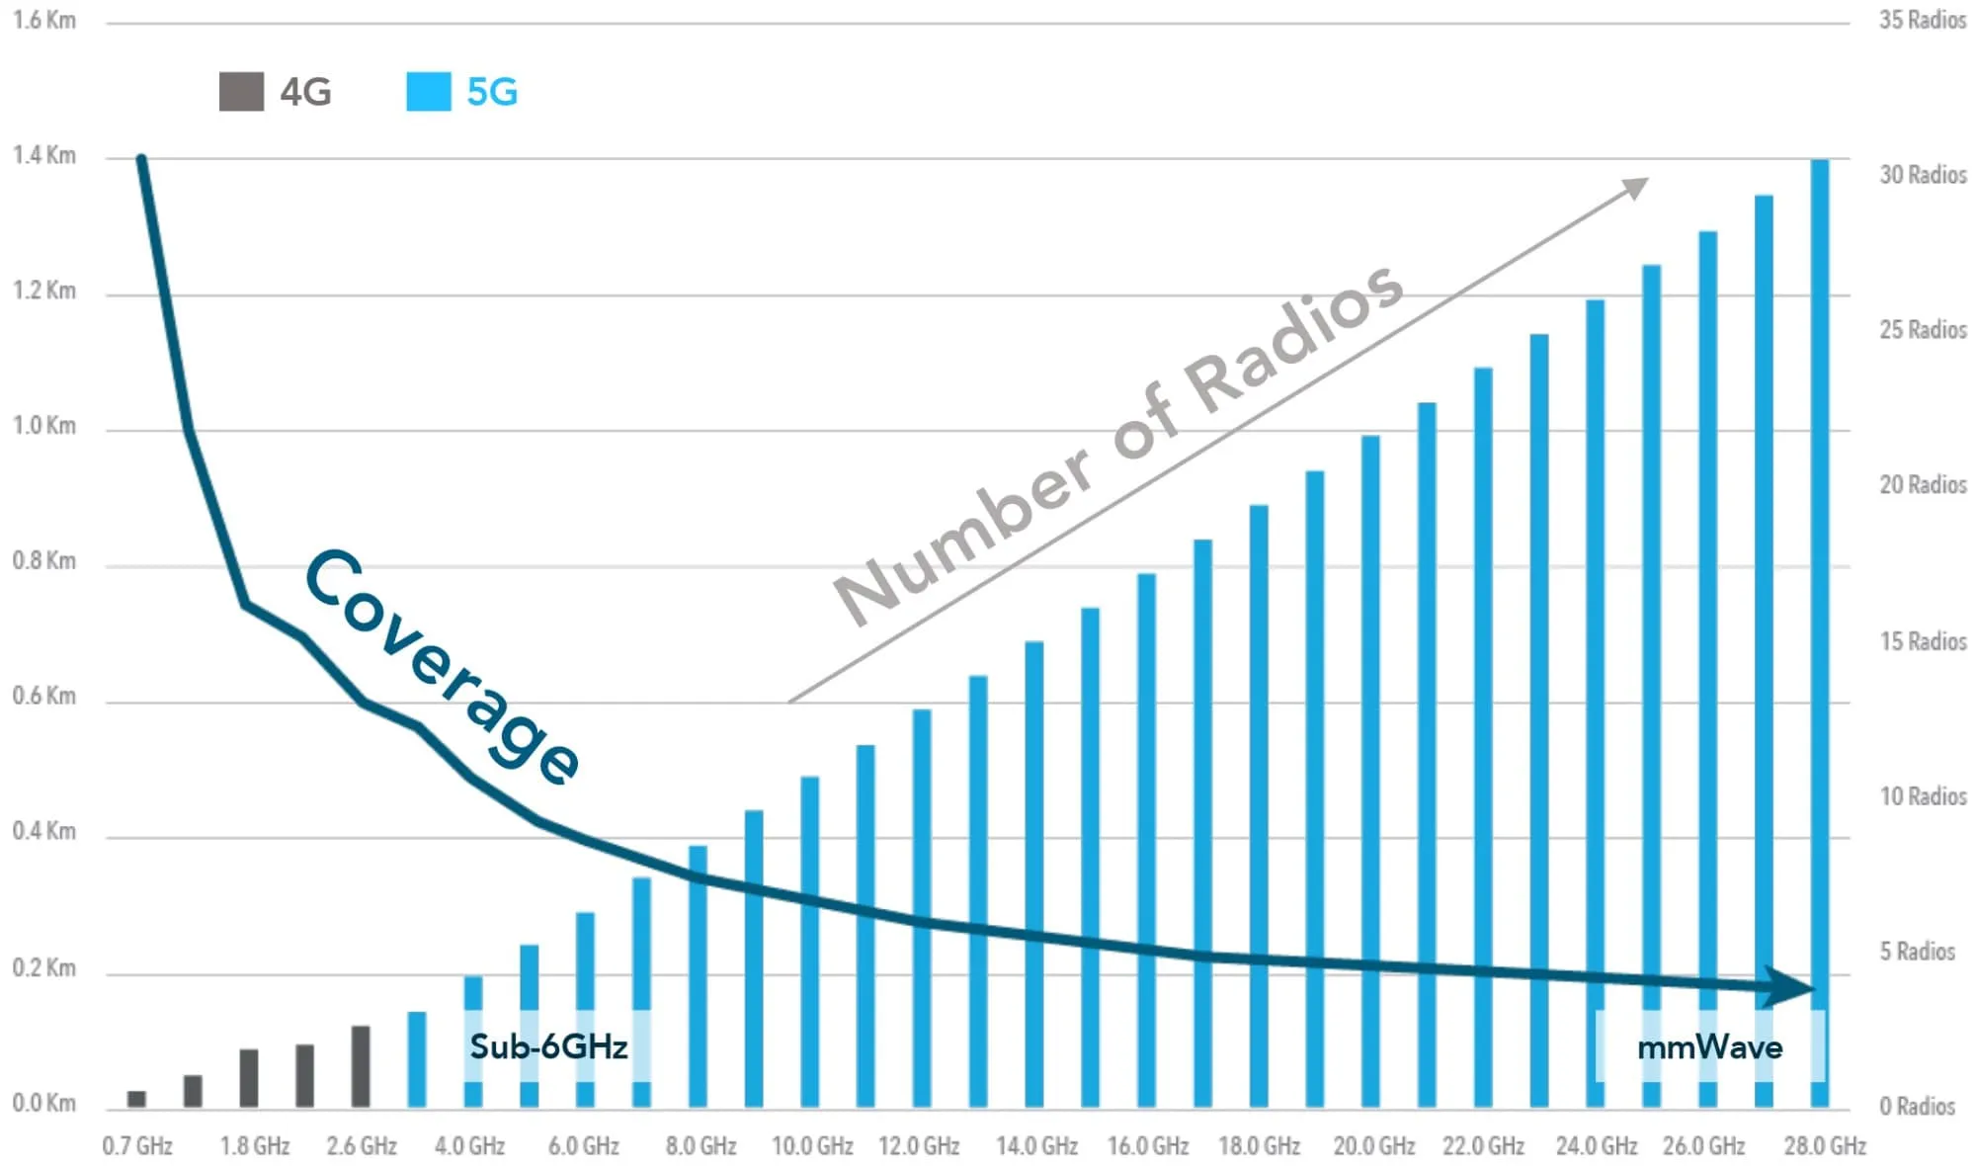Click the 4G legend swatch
tap(241, 92)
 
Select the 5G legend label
tap(492, 92)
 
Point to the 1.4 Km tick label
tap(44, 155)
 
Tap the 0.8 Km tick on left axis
tap(44, 560)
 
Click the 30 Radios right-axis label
tap(1922, 175)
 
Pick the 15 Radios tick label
tap(1922, 641)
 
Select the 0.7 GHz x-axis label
tap(137, 1145)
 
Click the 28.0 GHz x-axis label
tap(1824, 1145)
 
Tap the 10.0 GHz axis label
tap(812, 1145)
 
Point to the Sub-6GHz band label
tap(548, 1045)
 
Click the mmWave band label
tap(1709, 1047)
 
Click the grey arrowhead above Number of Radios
tap(1634, 186)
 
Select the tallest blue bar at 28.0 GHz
tap(1819, 632)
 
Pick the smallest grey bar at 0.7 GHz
tap(137, 1099)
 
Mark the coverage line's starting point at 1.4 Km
tap(141, 159)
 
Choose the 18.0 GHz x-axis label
tap(1259, 1145)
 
